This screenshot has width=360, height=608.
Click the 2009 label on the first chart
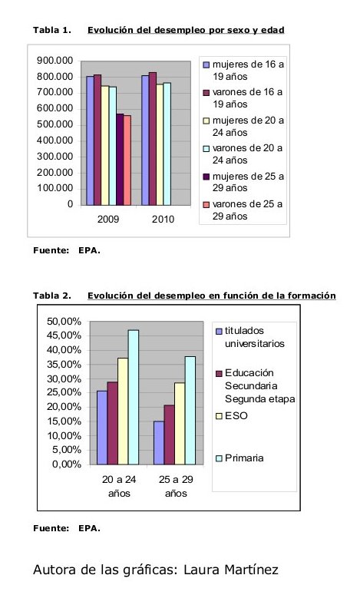point(108,219)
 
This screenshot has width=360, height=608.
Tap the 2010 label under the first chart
point(163,219)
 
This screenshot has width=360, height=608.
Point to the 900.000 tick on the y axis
point(55,61)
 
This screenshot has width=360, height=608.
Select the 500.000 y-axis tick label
point(55,124)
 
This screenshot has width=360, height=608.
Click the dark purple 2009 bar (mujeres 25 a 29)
point(120,160)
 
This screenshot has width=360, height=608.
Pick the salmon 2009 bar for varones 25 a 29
point(127,160)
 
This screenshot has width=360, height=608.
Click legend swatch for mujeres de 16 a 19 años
point(206,65)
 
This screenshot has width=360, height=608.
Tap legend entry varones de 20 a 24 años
point(243,154)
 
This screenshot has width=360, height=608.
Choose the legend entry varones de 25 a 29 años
point(243,210)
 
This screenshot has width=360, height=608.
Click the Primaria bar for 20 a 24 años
point(134,397)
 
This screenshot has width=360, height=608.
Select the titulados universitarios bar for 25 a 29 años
point(159,443)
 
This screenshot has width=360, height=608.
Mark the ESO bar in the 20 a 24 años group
point(123,411)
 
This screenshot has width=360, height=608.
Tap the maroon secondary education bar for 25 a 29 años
point(170,435)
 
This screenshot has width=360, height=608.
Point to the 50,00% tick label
point(64,322)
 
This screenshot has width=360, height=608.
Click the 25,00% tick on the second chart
point(64,392)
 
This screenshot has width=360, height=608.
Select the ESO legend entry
point(231,416)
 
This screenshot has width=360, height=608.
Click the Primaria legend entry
point(239,458)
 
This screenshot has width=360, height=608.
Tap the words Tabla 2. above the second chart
point(52,296)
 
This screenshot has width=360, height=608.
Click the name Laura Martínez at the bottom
point(230,570)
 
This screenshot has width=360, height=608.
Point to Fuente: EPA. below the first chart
point(67,250)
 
